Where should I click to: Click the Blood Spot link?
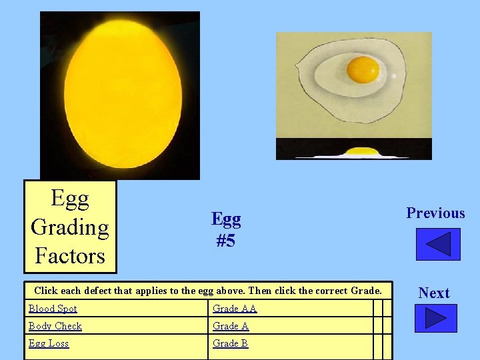pyautogui.click(x=53, y=309)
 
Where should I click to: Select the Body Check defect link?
pyautogui.click(x=55, y=326)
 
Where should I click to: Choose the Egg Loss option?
pyautogui.click(x=48, y=343)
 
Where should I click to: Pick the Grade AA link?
pyautogui.click(x=234, y=309)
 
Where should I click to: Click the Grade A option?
pyautogui.click(x=230, y=326)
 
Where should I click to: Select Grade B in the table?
pyautogui.click(x=230, y=343)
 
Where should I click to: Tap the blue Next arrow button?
pyautogui.click(x=435, y=318)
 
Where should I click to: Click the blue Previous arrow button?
pyautogui.click(x=437, y=244)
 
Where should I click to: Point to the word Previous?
pyautogui.click(x=435, y=213)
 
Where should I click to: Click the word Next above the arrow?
pyautogui.click(x=434, y=293)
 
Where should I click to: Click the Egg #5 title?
pyautogui.click(x=226, y=229)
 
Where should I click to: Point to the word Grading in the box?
pyautogui.click(x=70, y=227)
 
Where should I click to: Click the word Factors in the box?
pyautogui.click(x=70, y=255)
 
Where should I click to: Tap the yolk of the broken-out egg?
pyautogui.click(x=363, y=68)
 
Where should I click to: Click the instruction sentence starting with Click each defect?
pyautogui.click(x=208, y=291)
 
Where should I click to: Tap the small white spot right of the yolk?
pyautogui.click(x=393, y=76)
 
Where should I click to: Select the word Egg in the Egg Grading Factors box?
pyautogui.click(x=70, y=199)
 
